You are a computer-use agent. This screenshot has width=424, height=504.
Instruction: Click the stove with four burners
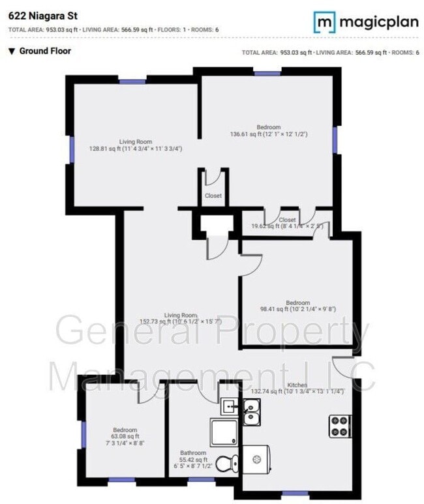click(340, 426)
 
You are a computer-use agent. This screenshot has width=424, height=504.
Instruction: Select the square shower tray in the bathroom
click(225, 432)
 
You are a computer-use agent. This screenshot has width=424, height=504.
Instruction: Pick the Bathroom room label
click(194, 453)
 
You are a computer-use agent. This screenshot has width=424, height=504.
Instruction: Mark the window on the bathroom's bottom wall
click(198, 480)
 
